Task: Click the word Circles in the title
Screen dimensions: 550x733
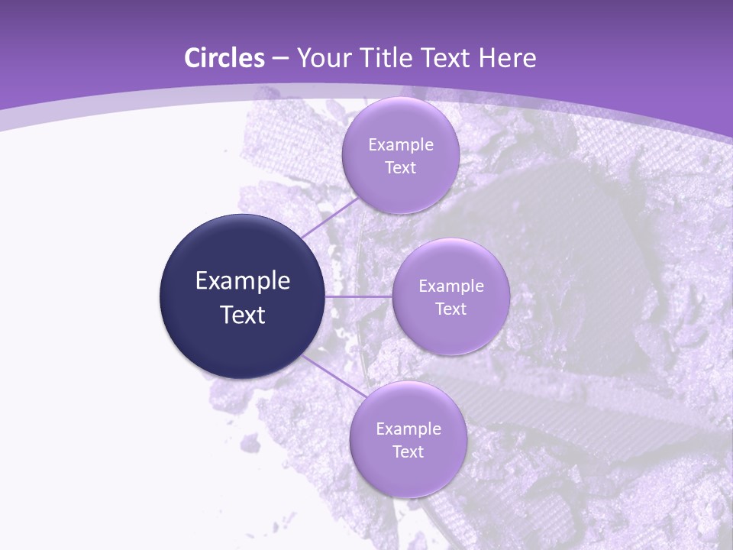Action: pyautogui.click(x=224, y=58)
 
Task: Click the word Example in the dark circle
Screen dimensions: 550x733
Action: pyautogui.click(x=243, y=281)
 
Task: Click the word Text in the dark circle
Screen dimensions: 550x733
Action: pyautogui.click(x=243, y=315)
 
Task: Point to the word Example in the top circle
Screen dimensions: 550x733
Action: pyautogui.click(x=401, y=145)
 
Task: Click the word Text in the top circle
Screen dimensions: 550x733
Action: pyautogui.click(x=400, y=168)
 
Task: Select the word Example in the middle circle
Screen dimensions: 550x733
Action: pyautogui.click(x=451, y=286)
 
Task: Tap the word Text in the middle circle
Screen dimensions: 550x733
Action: pyautogui.click(x=450, y=309)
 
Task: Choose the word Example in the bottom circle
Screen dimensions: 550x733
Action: pyautogui.click(x=408, y=429)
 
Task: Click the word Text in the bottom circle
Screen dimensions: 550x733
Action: pyautogui.click(x=408, y=452)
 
